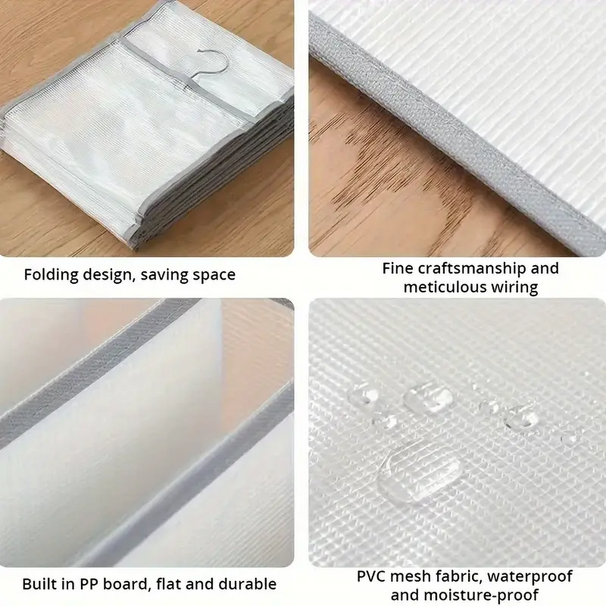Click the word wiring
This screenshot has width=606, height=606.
pos(515,289)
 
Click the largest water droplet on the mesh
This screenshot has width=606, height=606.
pos(420,473)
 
